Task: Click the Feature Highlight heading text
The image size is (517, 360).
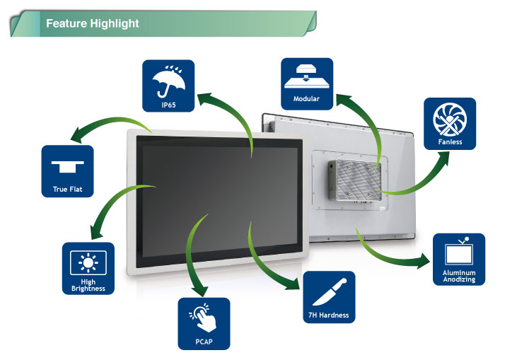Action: click(x=92, y=23)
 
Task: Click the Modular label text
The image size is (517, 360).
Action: click(x=307, y=99)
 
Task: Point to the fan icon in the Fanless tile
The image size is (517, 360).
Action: click(x=450, y=119)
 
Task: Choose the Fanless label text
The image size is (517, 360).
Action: click(x=450, y=141)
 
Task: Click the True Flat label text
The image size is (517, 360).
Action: click(x=68, y=189)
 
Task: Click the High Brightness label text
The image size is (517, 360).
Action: click(x=88, y=286)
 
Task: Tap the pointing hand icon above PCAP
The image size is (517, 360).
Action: click(x=204, y=317)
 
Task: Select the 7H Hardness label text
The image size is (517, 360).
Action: click(x=329, y=315)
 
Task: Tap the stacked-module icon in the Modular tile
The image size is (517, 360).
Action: click(x=307, y=75)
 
